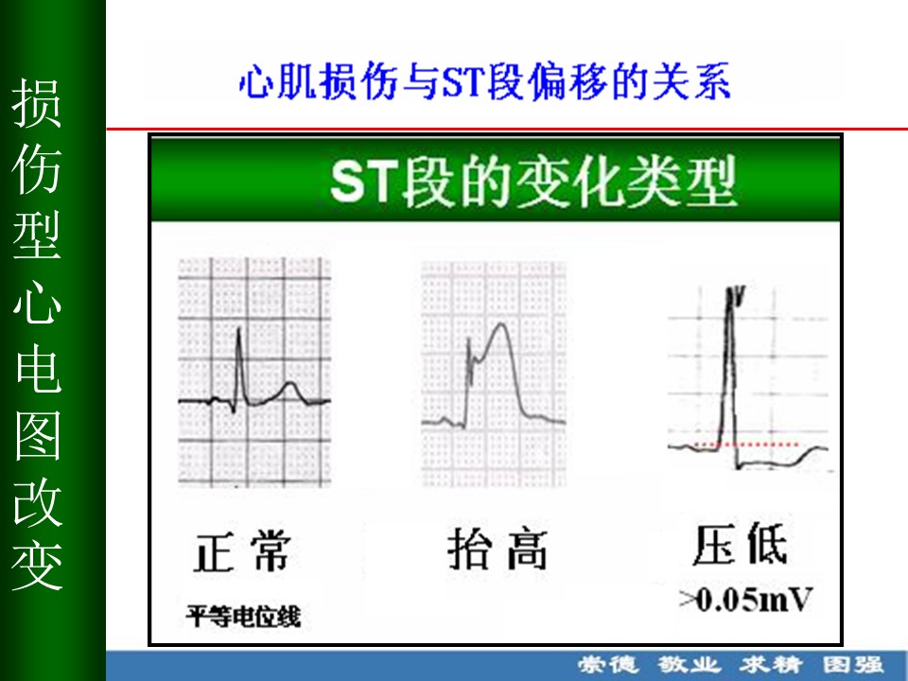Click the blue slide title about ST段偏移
[484, 81]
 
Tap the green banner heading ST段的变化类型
[533, 182]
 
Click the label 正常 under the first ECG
[242, 551]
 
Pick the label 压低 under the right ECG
[740, 544]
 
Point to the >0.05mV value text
[746, 600]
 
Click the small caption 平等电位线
[243, 616]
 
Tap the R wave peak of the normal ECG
[238, 330]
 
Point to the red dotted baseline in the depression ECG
[746, 445]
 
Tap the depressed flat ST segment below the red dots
[764, 463]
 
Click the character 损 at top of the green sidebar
[37, 103]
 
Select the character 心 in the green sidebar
[37, 302]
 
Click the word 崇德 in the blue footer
[607, 664]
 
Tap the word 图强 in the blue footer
[853, 664]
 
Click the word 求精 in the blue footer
[771, 664]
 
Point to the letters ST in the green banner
[365, 182]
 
